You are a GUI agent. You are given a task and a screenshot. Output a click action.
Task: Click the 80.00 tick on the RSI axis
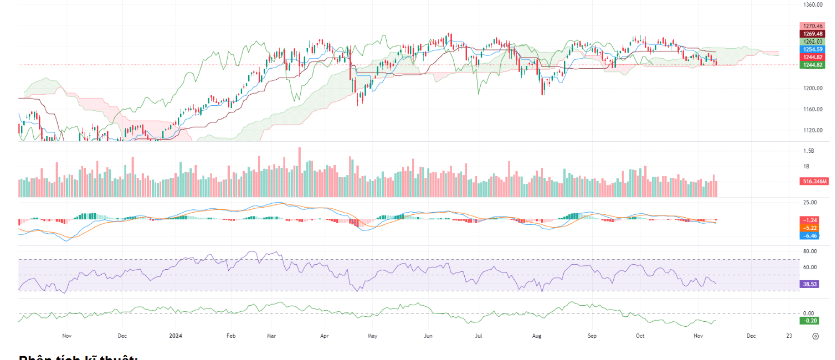coord(809,251)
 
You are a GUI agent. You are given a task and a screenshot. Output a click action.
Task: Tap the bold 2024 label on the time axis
coord(176,336)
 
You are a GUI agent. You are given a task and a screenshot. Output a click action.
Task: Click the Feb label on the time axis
coord(231,336)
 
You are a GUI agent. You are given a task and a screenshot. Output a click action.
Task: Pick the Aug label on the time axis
coord(536,336)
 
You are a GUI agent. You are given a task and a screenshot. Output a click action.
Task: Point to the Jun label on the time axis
coord(428,336)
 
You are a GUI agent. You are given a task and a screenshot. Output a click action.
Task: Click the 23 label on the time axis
coord(789,336)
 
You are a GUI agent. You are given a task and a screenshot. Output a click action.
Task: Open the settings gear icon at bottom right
coord(815,336)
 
